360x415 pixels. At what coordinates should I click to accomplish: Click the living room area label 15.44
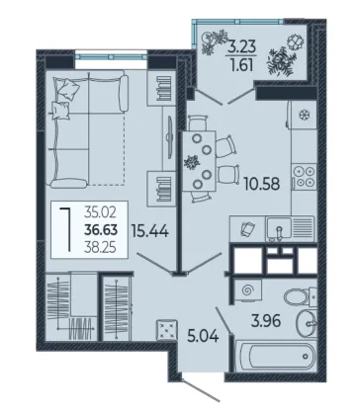pyautogui.click(x=150, y=230)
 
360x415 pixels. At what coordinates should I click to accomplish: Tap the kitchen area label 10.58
pyautogui.click(x=262, y=184)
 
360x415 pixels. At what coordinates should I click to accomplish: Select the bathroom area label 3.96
pyautogui.click(x=266, y=321)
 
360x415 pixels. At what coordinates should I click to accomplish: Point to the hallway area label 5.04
pyautogui.click(x=203, y=336)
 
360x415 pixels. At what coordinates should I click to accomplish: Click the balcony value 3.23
pyautogui.click(x=242, y=47)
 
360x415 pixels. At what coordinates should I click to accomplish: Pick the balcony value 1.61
pyautogui.click(x=242, y=65)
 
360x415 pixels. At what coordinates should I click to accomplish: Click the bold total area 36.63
pyautogui.click(x=101, y=229)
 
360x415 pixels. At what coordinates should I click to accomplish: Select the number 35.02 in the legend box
pyautogui.click(x=100, y=212)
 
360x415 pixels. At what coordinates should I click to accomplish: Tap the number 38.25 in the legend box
pyautogui.click(x=100, y=247)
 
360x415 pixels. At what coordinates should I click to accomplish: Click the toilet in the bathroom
pyautogui.click(x=301, y=295)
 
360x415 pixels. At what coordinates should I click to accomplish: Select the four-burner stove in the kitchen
pyautogui.click(x=304, y=177)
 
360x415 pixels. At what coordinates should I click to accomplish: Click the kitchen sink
pyautogui.click(x=279, y=228)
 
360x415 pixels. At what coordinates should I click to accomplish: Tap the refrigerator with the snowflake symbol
pyautogui.click(x=302, y=115)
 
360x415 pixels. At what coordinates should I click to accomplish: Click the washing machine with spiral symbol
pyautogui.click(x=248, y=290)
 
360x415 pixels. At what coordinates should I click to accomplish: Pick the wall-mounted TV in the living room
pyautogui.click(x=170, y=136)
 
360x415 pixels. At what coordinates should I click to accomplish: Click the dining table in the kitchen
pyautogui.click(x=199, y=161)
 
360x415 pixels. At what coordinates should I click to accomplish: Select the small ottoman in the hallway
pyautogui.click(x=166, y=329)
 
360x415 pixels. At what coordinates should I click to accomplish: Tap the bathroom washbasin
pyautogui.click(x=307, y=323)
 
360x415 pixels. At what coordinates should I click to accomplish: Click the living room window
pyautogui.click(x=111, y=56)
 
